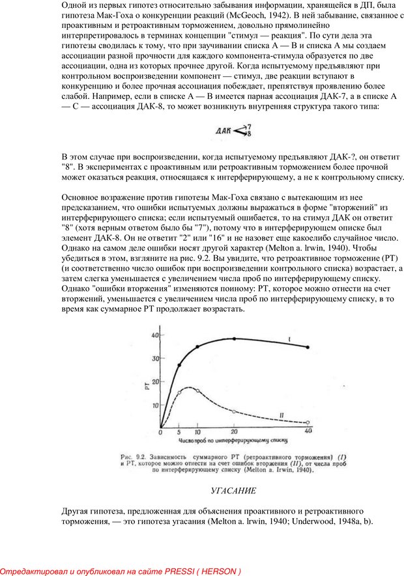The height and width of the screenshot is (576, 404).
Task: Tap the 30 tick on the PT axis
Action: pyautogui.click(x=155, y=358)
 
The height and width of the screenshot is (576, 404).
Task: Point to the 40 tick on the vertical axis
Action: pyautogui.click(x=155, y=335)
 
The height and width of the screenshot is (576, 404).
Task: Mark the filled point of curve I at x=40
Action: pyautogui.click(x=308, y=348)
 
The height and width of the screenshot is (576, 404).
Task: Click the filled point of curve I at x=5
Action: pyautogui.click(x=179, y=365)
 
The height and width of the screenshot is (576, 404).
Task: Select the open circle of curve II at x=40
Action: pyautogui.click(x=308, y=423)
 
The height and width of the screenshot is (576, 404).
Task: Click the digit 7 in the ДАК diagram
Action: pyautogui.click(x=248, y=128)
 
